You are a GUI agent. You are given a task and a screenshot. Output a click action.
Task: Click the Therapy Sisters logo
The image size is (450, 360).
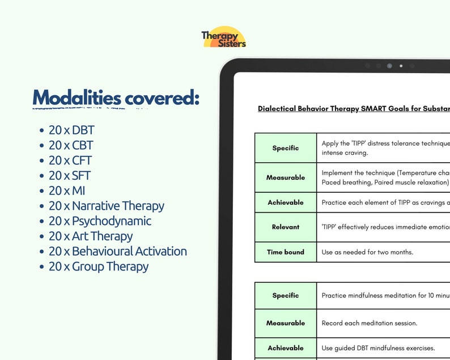pyautogui.click(x=224, y=37)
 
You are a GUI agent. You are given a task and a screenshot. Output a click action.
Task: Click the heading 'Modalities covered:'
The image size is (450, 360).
pyautogui.click(x=116, y=98)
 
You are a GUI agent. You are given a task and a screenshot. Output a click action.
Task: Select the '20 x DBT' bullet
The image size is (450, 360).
pyautogui.click(x=71, y=130)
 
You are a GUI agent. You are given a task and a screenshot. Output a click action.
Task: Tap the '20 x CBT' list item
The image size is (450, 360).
pyautogui.click(x=71, y=146)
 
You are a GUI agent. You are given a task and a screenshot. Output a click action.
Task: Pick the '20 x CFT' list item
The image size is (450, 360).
pyautogui.click(x=70, y=160)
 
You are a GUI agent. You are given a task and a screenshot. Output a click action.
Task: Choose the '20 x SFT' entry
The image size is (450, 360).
pyautogui.click(x=70, y=176)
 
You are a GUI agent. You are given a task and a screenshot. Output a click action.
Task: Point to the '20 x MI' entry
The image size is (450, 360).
pyautogui.click(x=67, y=191)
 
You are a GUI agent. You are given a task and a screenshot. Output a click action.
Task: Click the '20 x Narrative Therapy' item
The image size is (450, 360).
pyautogui.click(x=107, y=206)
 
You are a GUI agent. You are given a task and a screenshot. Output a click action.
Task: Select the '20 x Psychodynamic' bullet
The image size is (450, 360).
pyautogui.click(x=100, y=221)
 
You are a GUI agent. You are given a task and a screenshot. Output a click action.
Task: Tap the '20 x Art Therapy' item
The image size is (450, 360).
pyautogui.click(x=91, y=236)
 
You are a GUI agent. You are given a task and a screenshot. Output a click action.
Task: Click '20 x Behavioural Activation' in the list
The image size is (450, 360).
pyautogui.click(x=117, y=251)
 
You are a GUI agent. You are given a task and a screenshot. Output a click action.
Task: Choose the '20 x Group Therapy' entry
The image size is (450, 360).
pyautogui.click(x=99, y=266)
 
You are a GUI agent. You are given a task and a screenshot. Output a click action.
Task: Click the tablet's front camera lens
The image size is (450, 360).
pyautogui.click(x=389, y=66)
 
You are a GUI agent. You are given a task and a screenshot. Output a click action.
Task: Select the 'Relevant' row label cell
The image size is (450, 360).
pyautogui.click(x=286, y=227)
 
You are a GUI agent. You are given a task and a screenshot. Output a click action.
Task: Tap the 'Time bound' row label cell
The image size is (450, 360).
pyautogui.click(x=286, y=252)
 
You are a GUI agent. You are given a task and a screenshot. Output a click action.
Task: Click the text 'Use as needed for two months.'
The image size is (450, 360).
pyautogui.click(x=368, y=252)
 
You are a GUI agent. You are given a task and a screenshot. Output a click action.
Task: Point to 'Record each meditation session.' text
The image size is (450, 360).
pyautogui.click(x=370, y=323)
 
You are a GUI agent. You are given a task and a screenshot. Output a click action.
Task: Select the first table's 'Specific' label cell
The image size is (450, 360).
pyautogui.click(x=286, y=148)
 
